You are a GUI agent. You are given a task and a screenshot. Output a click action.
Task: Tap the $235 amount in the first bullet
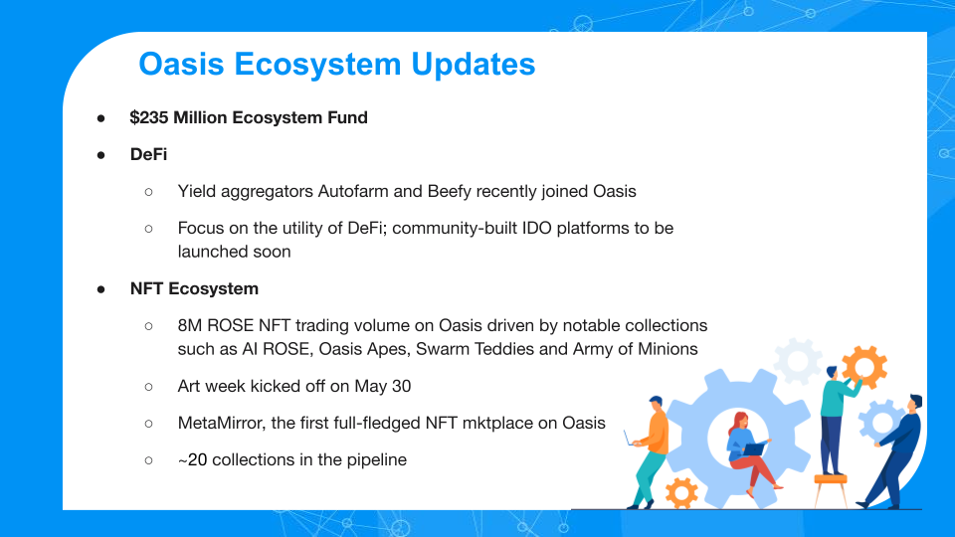click(x=148, y=117)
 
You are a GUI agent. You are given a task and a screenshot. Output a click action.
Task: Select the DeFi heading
click(x=148, y=154)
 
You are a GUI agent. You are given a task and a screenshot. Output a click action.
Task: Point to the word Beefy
click(x=449, y=192)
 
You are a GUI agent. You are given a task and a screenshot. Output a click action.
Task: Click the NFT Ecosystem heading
click(x=194, y=288)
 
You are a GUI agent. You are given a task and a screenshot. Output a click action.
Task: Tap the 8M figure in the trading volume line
click(x=189, y=326)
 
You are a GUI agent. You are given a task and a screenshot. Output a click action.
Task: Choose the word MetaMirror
click(x=221, y=424)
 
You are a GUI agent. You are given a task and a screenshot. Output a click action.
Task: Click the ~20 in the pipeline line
click(x=192, y=459)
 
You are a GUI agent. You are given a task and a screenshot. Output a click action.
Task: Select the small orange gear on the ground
click(x=681, y=492)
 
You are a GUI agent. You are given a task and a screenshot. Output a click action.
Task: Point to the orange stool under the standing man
click(x=830, y=489)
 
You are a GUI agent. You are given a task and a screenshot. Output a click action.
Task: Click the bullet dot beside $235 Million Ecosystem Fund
click(x=101, y=118)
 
